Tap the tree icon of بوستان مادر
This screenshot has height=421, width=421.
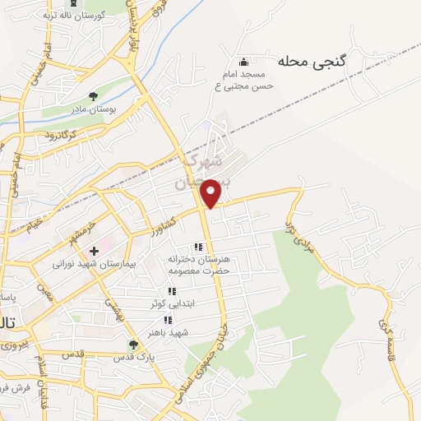click(x=92, y=95)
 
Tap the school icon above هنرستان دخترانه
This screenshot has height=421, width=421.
click(x=197, y=246)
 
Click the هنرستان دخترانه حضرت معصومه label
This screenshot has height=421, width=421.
click(x=197, y=265)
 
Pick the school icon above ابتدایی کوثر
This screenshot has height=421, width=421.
click(x=171, y=291)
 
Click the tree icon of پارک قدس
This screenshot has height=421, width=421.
click(x=133, y=345)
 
